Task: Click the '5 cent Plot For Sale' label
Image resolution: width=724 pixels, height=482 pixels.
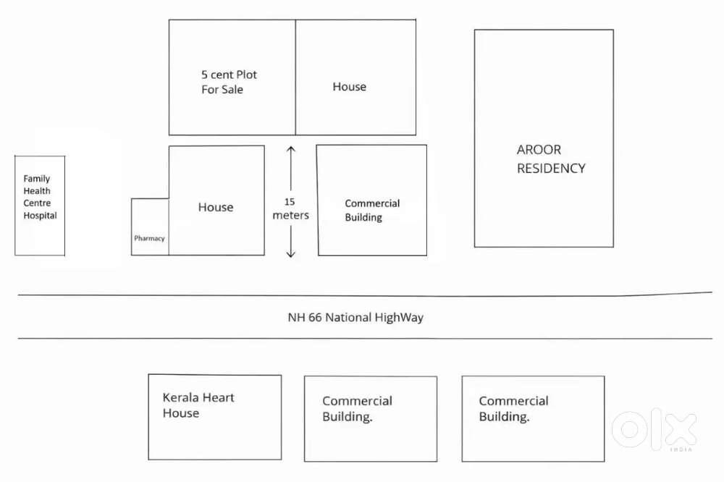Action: click(229, 82)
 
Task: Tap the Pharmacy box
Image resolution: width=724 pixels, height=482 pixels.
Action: click(150, 227)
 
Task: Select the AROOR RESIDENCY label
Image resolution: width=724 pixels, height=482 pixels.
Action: click(550, 159)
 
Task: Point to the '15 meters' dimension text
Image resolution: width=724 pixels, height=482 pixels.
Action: click(290, 208)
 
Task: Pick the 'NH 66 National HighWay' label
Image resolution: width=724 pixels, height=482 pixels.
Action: click(355, 317)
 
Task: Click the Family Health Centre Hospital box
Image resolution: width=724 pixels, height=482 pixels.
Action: click(40, 206)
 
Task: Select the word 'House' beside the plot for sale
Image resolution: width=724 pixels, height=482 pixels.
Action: click(349, 87)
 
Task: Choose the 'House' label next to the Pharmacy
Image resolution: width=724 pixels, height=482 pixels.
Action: click(216, 207)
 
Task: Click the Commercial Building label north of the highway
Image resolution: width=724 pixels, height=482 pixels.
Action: click(372, 211)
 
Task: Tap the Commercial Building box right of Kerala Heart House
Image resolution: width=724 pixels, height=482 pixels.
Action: click(370, 419)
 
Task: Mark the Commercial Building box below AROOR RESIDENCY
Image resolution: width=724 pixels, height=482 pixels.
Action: click(533, 419)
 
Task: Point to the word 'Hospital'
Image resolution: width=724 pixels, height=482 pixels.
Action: click(40, 216)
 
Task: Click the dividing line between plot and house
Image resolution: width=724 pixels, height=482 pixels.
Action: click(295, 77)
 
